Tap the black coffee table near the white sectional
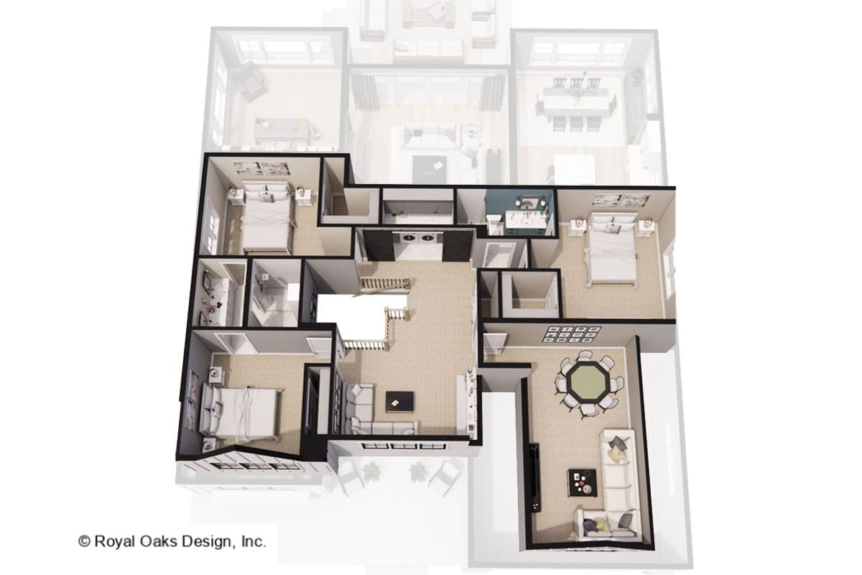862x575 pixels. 582,482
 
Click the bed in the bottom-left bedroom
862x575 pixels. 241,413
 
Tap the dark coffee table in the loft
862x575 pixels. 399,401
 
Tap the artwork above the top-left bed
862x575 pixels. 261,169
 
